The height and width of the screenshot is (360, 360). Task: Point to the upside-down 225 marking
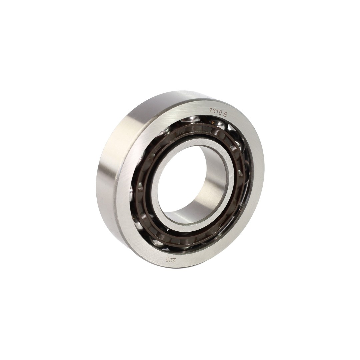coord(169,260)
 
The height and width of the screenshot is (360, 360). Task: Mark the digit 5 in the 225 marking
coord(166,260)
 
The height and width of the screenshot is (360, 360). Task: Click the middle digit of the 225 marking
coord(169,260)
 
